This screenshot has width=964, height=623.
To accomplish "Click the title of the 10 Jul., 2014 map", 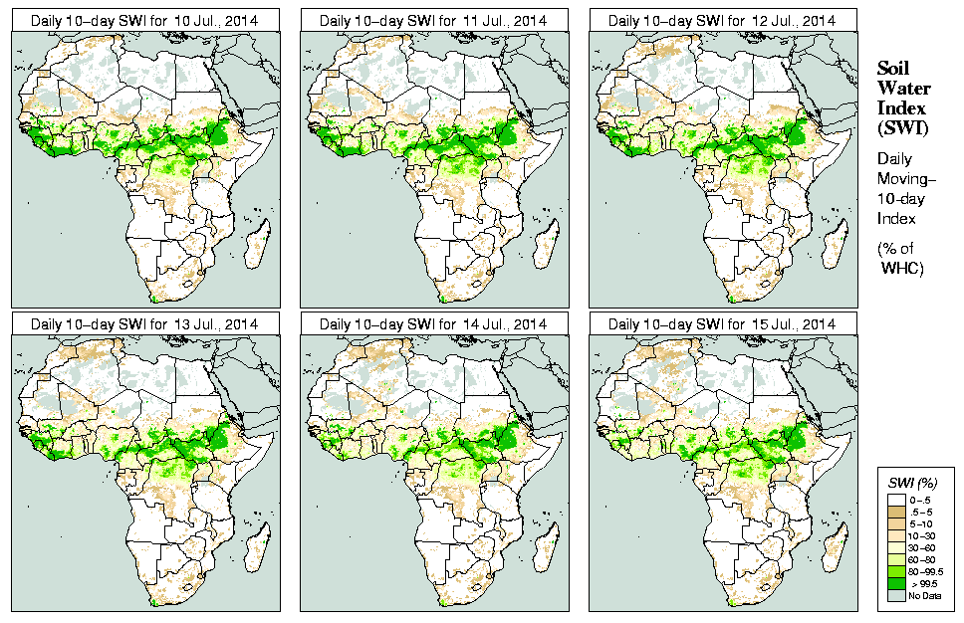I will tap(144, 20).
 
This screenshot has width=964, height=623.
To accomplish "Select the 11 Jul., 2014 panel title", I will tap(433, 20).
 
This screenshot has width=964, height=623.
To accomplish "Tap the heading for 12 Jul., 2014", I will tap(722, 20).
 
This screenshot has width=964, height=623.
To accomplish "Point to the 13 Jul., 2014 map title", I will tap(144, 324).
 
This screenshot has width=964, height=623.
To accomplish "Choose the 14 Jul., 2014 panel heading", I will tap(433, 324).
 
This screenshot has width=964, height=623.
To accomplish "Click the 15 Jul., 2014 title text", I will tap(722, 324).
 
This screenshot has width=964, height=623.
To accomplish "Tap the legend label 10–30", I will tap(922, 534).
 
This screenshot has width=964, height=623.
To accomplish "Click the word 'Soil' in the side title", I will tap(892, 69).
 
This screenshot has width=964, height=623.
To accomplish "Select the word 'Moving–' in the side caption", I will tap(905, 178).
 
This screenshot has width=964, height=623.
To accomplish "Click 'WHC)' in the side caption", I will tap(904, 269).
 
